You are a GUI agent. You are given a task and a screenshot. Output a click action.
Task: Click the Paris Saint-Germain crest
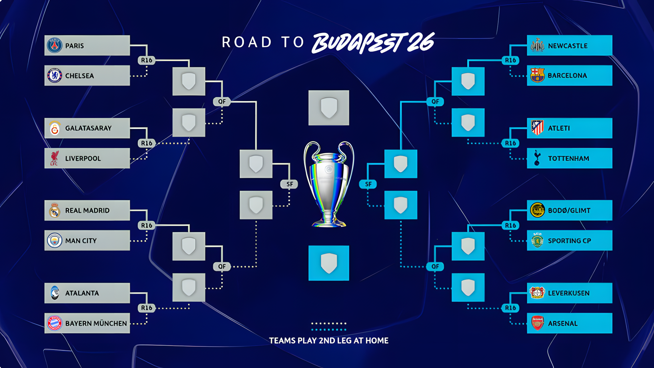[x=54, y=45]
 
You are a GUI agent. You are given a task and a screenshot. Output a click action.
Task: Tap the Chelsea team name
[x=80, y=76]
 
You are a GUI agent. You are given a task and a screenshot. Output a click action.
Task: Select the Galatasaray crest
[x=55, y=128]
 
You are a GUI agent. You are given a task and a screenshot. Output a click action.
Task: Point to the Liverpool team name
[x=83, y=159]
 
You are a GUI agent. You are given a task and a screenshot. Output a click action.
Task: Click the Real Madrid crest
[x=54, y=210]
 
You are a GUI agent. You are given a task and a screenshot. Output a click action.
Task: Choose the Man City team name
[x=81, y=241]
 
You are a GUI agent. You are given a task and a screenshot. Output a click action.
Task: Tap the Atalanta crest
[x=55, y=293]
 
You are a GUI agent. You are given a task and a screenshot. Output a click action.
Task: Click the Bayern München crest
[x=54, y=323]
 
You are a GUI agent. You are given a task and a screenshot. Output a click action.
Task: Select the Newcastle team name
[x=568, y=46]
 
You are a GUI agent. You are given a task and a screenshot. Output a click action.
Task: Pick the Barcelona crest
[x=537, y=75]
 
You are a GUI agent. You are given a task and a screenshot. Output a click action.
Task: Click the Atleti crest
[x=537, y=128]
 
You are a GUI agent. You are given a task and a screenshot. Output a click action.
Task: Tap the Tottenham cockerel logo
[x=537, y=158]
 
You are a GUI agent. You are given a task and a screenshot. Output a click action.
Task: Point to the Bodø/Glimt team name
[x=569, y=211]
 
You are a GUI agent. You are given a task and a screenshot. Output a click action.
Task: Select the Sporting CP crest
[x=537, y=240]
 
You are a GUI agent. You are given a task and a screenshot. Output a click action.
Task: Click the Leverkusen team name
[x=569, y=293]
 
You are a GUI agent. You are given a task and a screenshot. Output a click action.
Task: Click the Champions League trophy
[x=329, y=184]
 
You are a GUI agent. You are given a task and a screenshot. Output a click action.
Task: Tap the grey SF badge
[x=289, y=184]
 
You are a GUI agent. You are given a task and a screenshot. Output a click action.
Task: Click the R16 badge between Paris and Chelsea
[x=146, y=60]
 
